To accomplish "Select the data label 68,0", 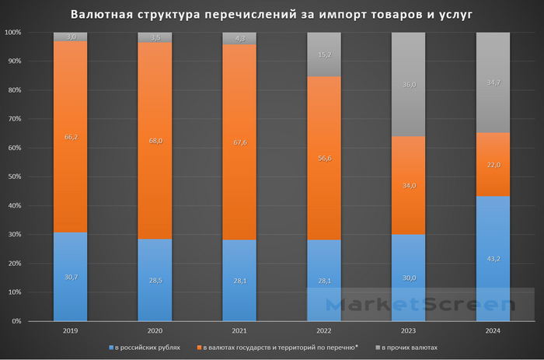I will (155, 141).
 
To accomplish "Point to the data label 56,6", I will (323, 157).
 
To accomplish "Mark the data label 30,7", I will (70, 277).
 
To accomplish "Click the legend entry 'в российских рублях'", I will (148, 347).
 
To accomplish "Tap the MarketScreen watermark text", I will (420, 306).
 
